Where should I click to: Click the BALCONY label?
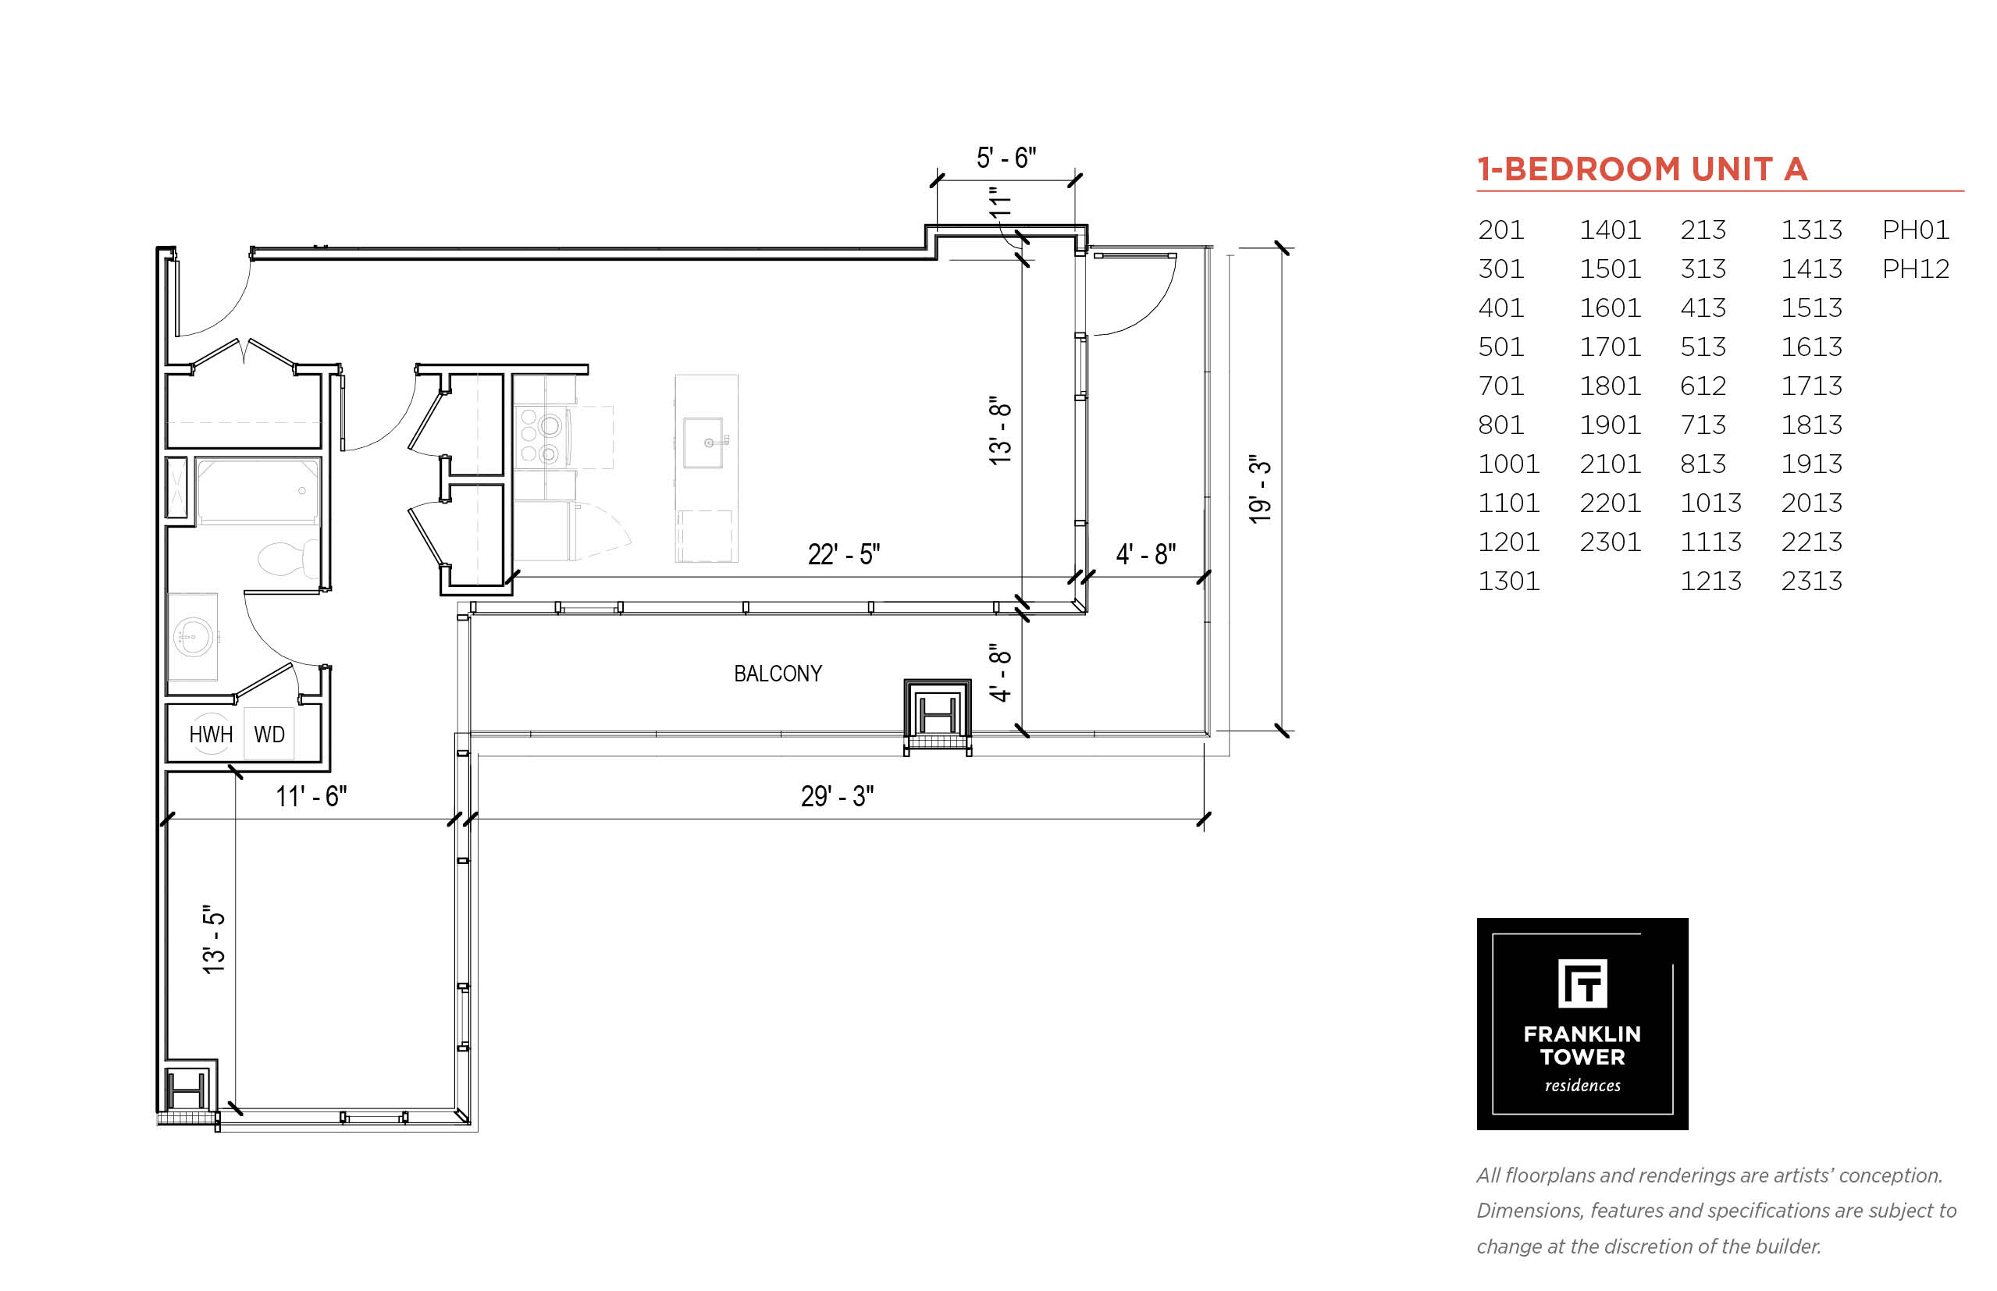[777, 673]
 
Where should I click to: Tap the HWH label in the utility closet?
[211, 734]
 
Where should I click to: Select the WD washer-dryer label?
[269, 734]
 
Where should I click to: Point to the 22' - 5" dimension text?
[843, 554]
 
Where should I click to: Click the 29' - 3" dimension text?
[837, 795]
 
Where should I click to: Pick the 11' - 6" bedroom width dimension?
[311, 795]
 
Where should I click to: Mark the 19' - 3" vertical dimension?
[1260, 489]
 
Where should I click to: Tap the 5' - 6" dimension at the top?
[1006, 158]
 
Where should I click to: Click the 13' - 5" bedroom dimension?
[214, 940]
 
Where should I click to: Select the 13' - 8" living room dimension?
[1000, 431]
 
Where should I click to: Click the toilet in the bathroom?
[287, 558]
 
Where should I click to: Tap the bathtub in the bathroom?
[258, 490]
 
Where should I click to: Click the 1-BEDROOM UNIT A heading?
[1642, 169]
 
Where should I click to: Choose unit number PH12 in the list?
[1915, 269]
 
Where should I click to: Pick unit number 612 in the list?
[1703, 386]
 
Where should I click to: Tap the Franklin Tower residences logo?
[1582, 1023]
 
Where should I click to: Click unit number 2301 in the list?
[1610, 542]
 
